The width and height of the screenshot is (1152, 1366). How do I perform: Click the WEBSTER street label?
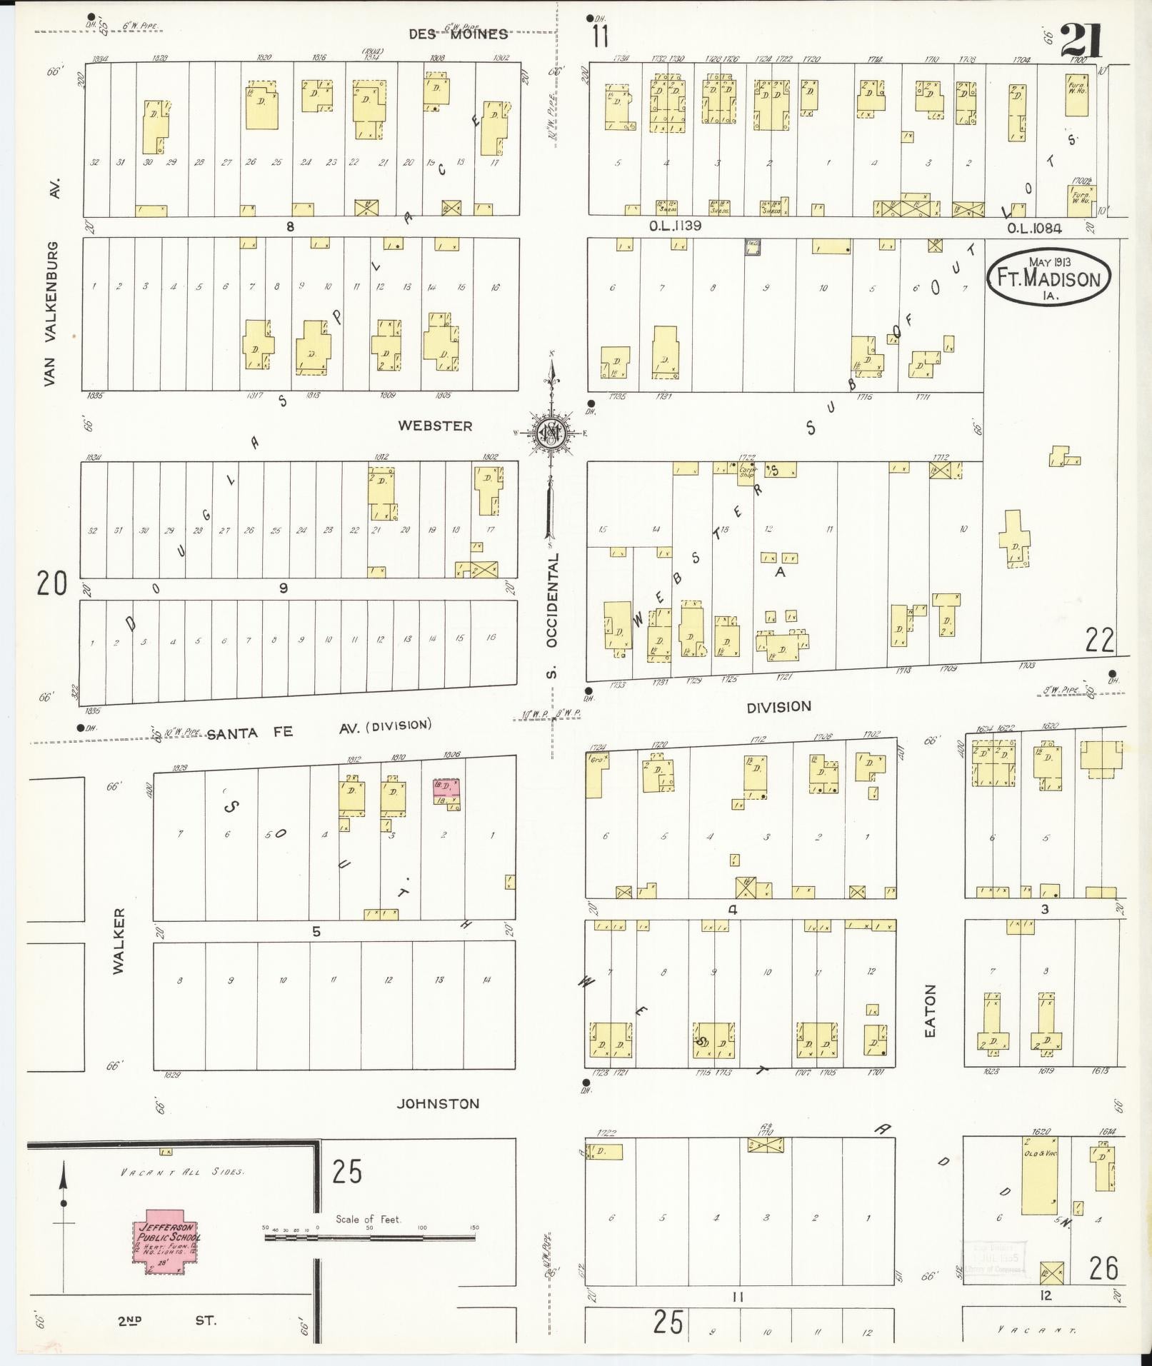point(435,426)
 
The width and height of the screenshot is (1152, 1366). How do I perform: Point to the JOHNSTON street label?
point(438,1103)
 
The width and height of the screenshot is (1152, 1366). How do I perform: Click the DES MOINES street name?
point(458,34)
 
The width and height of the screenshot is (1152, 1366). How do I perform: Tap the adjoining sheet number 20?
point(52,583)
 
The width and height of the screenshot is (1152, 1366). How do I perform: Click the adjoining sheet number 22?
point(1099,640)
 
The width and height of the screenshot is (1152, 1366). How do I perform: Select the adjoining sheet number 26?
point(1103,1268)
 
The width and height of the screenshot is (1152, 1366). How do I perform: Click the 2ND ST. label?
point(167,1320)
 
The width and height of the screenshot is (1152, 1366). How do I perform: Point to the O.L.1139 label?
point(674,226)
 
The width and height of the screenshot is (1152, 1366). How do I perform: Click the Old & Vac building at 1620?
point(1040,1182)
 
